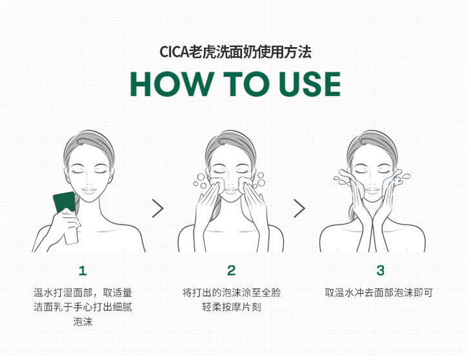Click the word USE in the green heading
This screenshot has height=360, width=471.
(x=310, y=84)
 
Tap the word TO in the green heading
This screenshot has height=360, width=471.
(x=246, y=84)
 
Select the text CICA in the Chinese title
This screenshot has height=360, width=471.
(x=174, y=52)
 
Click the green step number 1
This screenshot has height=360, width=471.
(x=83, y=271)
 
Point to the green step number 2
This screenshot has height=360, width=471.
(x=231, y=270)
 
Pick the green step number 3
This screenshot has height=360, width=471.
(x=380, y=270)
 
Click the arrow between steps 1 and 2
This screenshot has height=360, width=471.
(x=158, y=208)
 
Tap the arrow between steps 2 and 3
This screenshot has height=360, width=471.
(x=299, y=208)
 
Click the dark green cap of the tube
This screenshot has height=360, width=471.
(x=65, y=202)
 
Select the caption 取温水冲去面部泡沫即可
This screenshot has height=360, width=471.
(x=379, y=292)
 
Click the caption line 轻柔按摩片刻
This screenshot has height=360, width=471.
(x=232, y=307)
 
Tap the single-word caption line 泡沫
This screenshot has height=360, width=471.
(x=83, y=322)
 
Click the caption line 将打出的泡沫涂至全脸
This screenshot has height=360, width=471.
(x=232, y=292)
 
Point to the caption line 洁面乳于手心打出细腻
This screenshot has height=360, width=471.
(x=83, y=307)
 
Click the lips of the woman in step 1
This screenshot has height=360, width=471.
(x=89, y=190)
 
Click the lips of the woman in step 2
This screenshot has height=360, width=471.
(x=231, y=190)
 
